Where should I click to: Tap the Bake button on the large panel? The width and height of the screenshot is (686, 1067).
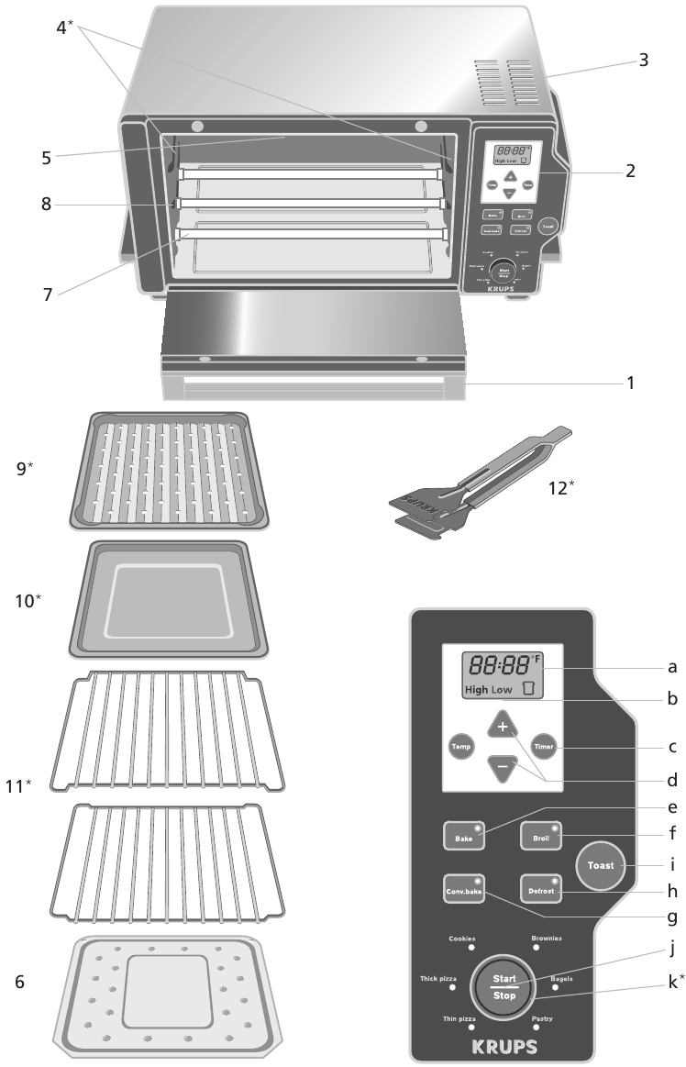tap(463, 837)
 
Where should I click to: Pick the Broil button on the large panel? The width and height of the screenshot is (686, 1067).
tap(540, 837)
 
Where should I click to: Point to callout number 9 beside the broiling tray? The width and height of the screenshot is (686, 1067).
tap(24, 467)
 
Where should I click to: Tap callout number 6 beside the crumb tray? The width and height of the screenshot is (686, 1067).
tap(20, 981)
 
